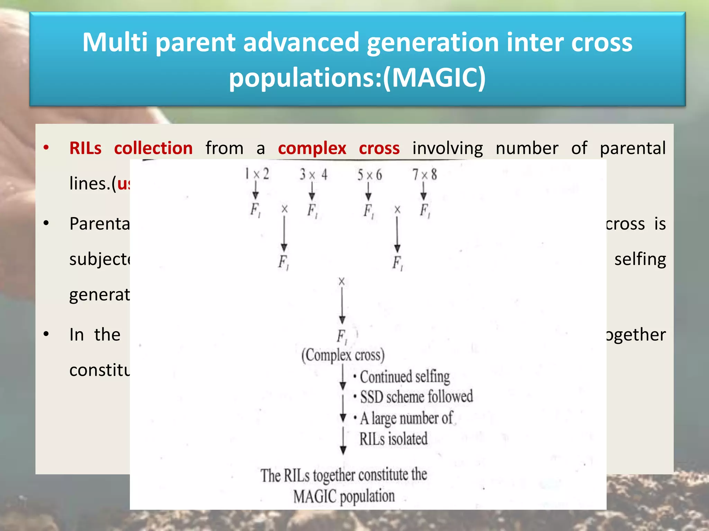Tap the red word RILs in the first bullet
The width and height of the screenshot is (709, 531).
click(85, 148)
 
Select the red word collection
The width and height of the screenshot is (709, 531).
click(153, 148)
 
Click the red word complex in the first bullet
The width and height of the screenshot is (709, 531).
click(312, 148)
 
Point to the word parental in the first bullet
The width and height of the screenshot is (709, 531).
click(632, 148)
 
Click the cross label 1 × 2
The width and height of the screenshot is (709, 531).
click(257, 174)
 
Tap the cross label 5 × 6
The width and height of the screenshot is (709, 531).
click(369, 175)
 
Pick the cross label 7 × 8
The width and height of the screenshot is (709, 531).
click(424, 175)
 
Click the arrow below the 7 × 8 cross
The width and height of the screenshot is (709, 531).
click(423, 191)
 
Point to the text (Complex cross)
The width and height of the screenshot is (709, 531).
click(343, 355)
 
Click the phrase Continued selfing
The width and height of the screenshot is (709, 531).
click(405, 376)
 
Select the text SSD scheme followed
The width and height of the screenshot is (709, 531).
click(416, 397)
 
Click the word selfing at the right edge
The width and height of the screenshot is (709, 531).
click(640, 259)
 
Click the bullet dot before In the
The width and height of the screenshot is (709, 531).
click(46, 334)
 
